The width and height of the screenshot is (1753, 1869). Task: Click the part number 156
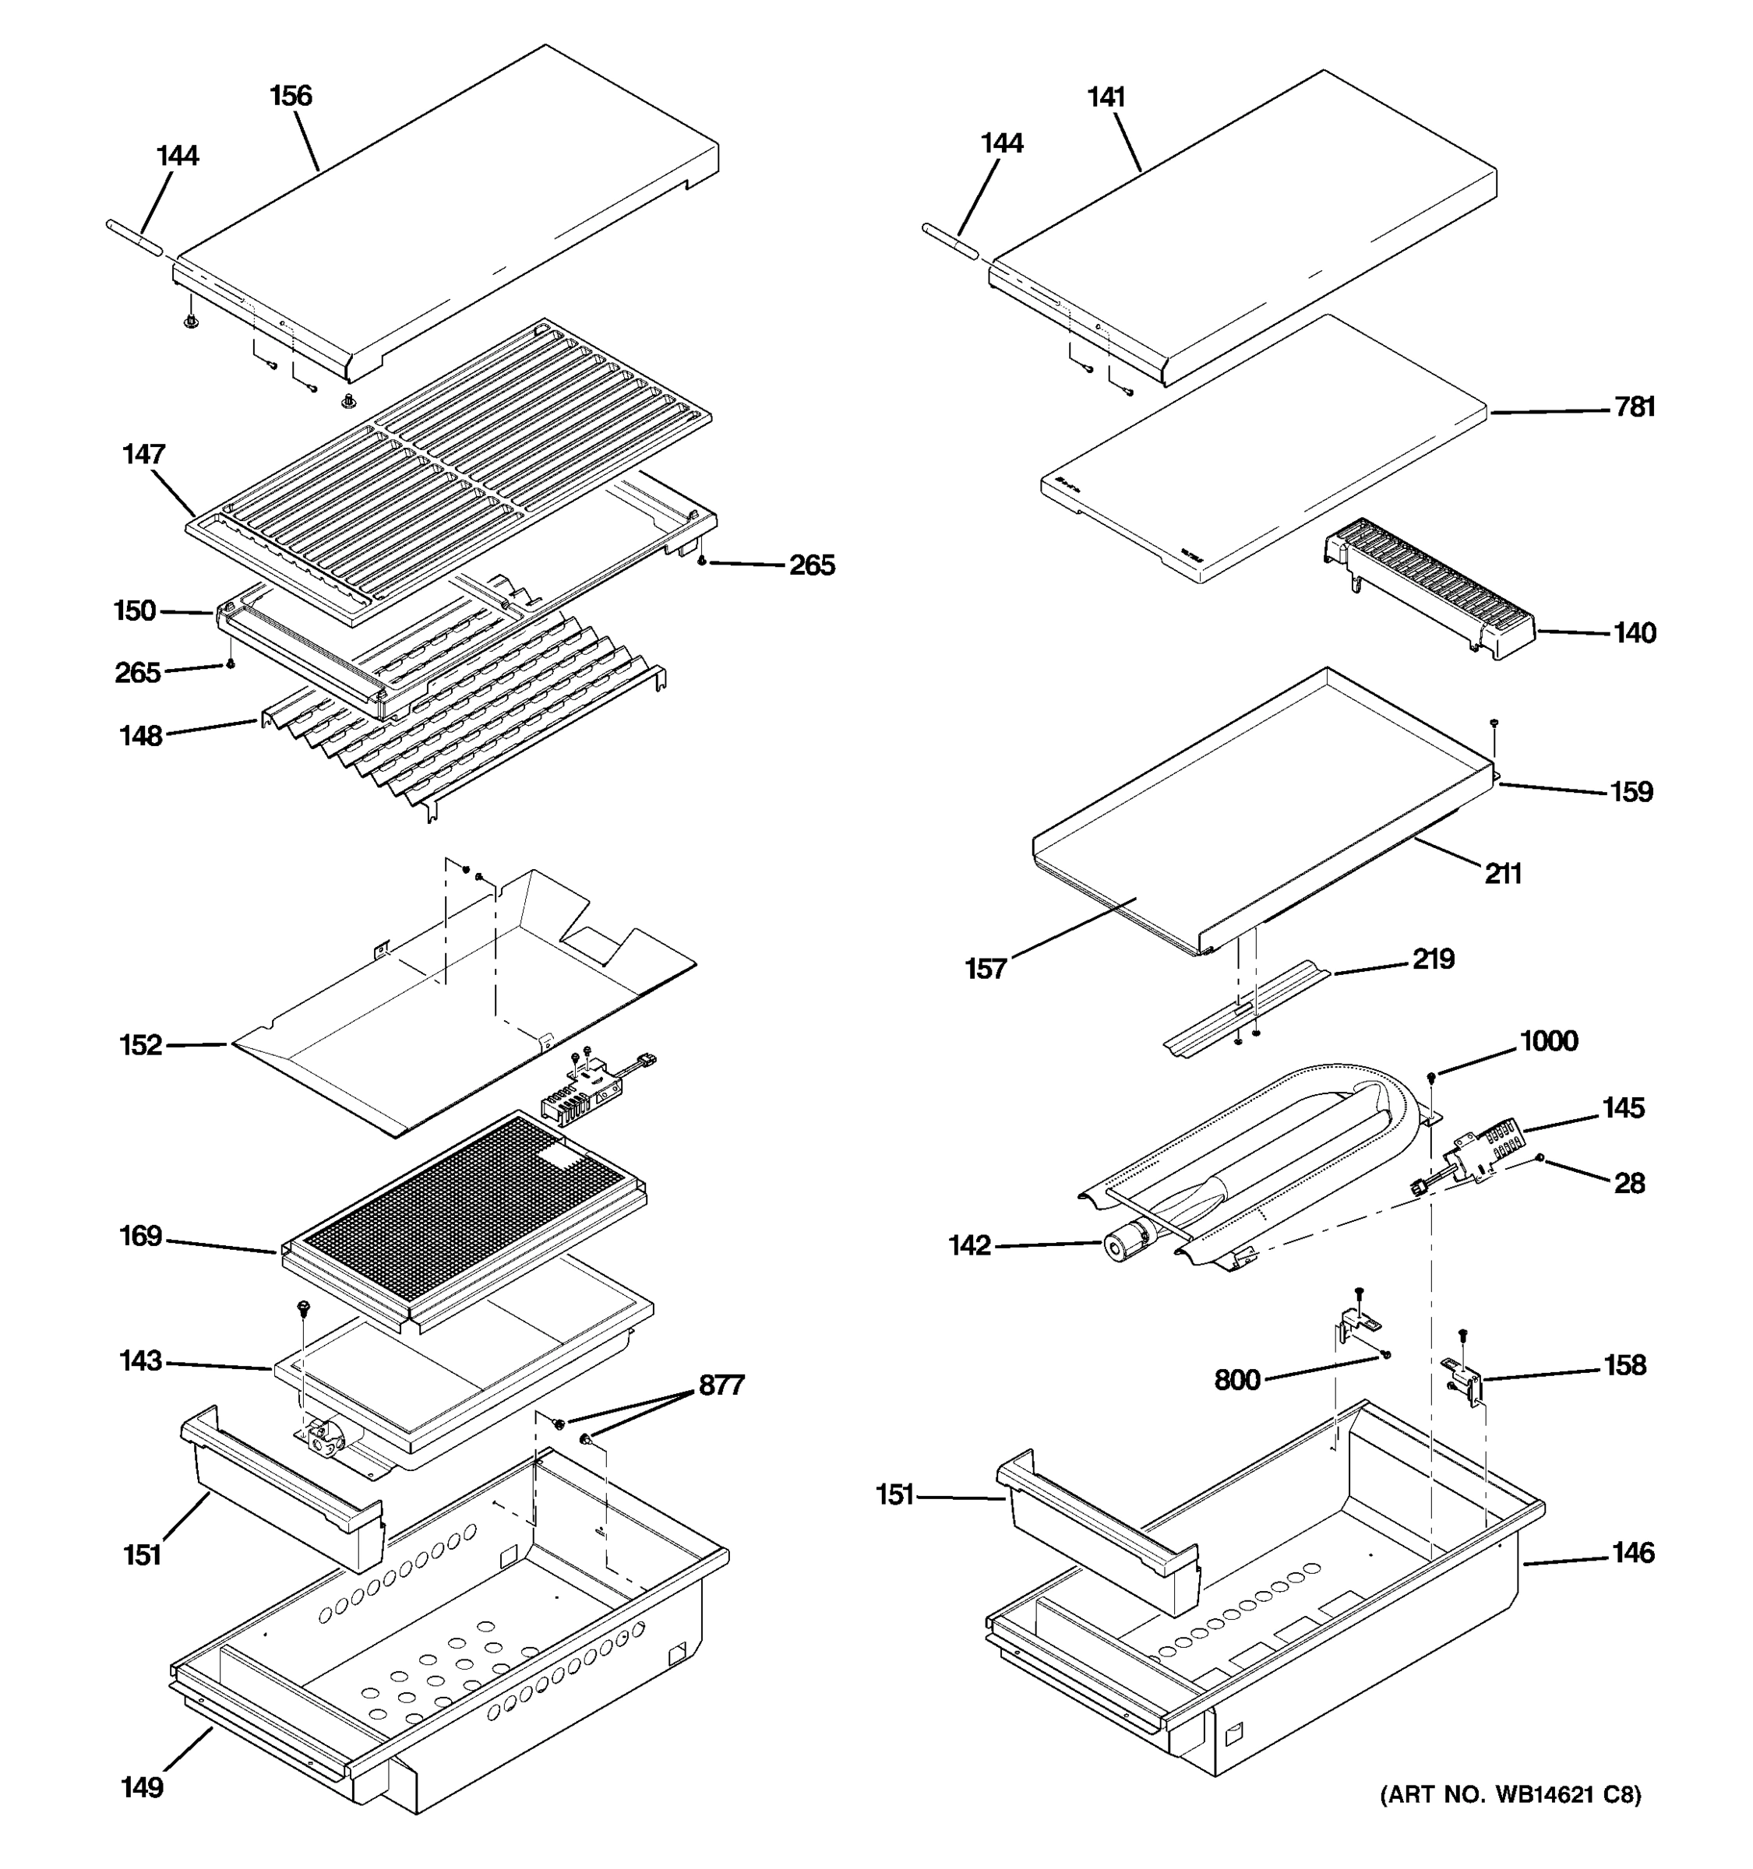coord(290,96)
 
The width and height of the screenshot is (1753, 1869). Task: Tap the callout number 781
coord(1635,407)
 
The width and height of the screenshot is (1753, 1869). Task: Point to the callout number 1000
coord(1548,1040)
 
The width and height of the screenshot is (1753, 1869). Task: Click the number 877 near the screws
coord(721,1385)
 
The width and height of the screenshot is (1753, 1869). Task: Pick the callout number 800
coord(1236,1380)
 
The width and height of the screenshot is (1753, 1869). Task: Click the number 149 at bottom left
coord(142,1787)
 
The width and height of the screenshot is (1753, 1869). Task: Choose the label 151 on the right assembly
coord(894,1495)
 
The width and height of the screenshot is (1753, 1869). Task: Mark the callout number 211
coord(1502,875)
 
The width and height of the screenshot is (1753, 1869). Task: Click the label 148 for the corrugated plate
coord(140,736)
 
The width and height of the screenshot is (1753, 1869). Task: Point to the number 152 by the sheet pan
coord(140,1045)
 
